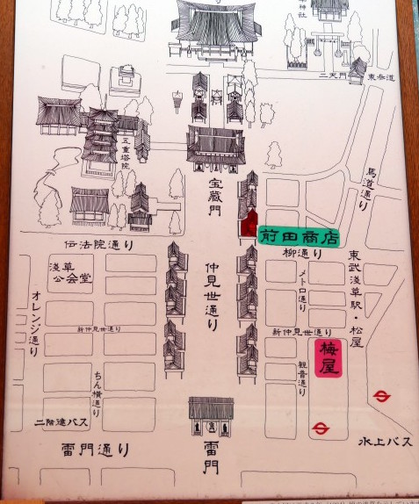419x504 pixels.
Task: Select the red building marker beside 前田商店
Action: pos(249,224)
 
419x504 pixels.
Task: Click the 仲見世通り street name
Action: pos(212,293)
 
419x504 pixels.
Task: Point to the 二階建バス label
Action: pos(62,422)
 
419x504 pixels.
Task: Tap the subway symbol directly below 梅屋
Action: pos(322,428)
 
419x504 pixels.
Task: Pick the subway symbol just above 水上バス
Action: pos(380,397)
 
